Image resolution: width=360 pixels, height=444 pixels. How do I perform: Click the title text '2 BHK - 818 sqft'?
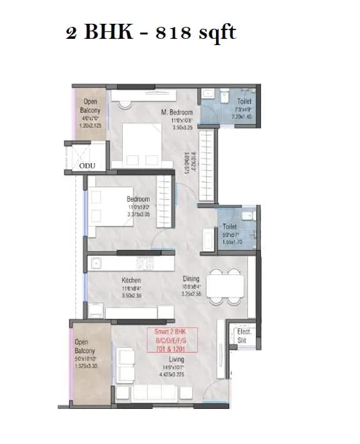150,31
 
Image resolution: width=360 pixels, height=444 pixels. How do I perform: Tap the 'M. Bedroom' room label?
177,112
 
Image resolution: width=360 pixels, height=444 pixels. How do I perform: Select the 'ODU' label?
88,165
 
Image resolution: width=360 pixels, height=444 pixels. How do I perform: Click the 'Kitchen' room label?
131,281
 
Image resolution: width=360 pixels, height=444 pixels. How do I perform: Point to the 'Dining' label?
191,279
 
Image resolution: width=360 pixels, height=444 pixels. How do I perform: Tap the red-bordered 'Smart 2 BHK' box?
172,341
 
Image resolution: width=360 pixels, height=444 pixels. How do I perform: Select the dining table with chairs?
224,284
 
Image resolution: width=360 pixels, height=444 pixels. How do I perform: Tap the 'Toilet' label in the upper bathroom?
244,101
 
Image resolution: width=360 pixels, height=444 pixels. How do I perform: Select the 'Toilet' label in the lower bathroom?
229,227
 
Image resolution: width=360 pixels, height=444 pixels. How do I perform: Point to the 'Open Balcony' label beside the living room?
85,346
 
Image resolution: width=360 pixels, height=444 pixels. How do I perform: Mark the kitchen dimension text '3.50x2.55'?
131,294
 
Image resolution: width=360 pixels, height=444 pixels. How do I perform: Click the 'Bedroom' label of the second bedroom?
138,199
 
